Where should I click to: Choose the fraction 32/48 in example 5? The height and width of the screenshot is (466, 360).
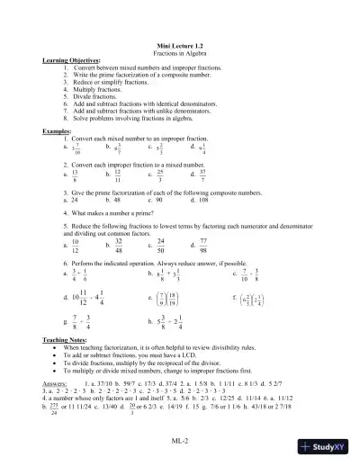pyautogui.click(x=119, y=246)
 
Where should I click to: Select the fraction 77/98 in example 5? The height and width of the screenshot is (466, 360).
pyautogui.click(x=203, y=246)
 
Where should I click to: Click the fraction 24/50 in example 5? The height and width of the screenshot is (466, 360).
pyautogui.click(x=161, y=246)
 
